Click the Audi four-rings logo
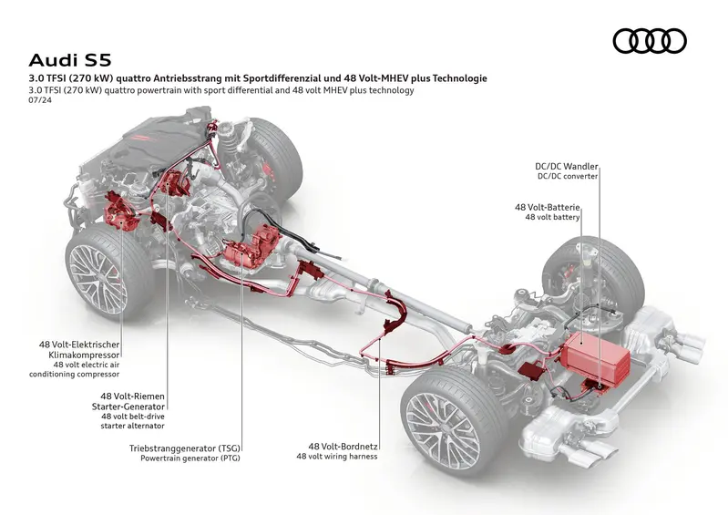[649, 41]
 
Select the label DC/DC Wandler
[566, 167]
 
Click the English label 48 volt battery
[552, 218]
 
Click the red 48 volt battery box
[597, 357]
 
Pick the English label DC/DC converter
[567, 177]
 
